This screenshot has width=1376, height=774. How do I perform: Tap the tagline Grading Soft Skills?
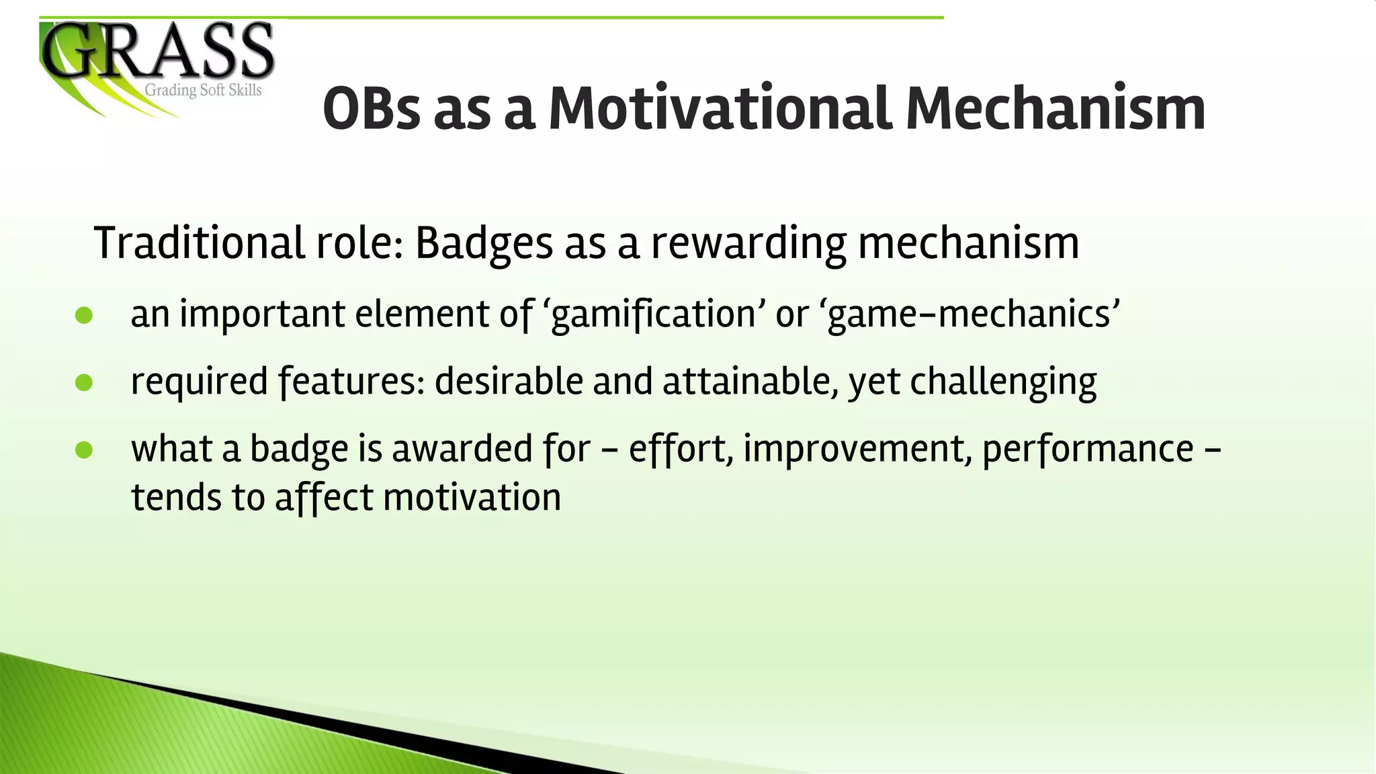[203, 91]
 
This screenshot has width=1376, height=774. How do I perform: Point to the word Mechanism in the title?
[1055, 109]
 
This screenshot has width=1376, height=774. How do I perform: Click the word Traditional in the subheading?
[199, 243]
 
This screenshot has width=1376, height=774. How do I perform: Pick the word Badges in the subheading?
[483, 243]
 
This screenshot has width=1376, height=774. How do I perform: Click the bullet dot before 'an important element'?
[84, 316]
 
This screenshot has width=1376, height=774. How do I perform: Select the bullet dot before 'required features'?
[84, 383]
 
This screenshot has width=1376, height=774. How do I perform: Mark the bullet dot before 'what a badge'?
[84, 450]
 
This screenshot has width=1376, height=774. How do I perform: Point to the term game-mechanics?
[970, 314]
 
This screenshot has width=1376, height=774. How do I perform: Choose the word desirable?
[508, 382]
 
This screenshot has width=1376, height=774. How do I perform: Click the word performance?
[1087, 449]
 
